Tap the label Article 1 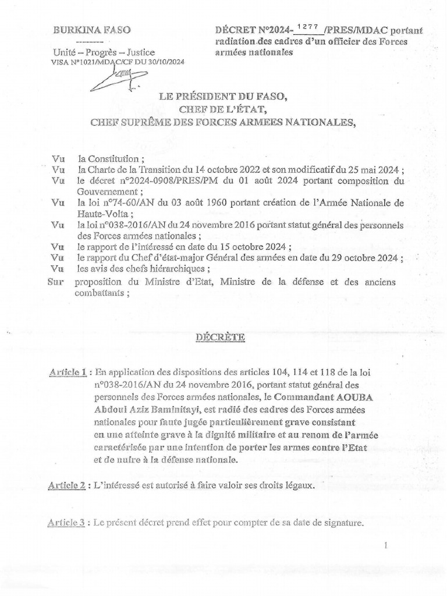point(68,372)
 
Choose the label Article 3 point(68,523)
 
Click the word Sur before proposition point(55,282)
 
